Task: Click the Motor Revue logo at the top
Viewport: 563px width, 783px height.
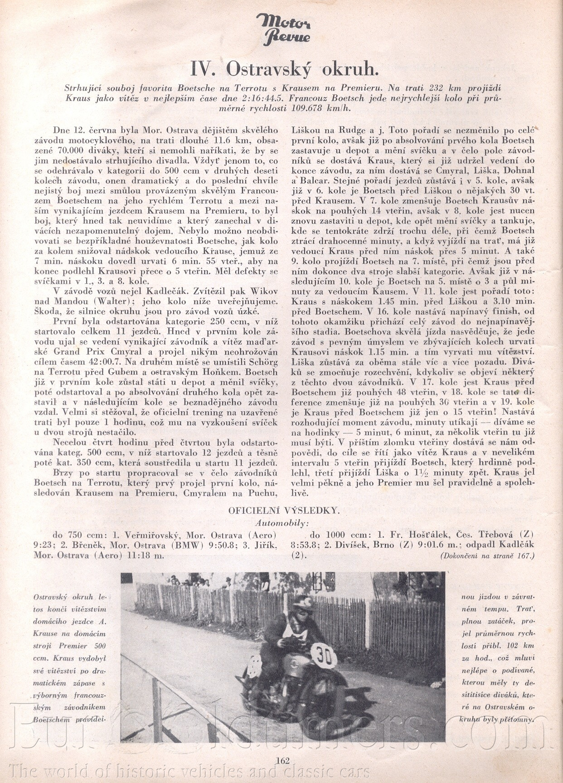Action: click(283, 28)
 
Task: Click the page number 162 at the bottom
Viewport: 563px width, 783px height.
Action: click(282, 761)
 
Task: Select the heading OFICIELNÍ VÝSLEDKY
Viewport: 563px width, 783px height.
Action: click(284, 510)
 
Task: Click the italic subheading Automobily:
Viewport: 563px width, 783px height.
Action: click(282, 522)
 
